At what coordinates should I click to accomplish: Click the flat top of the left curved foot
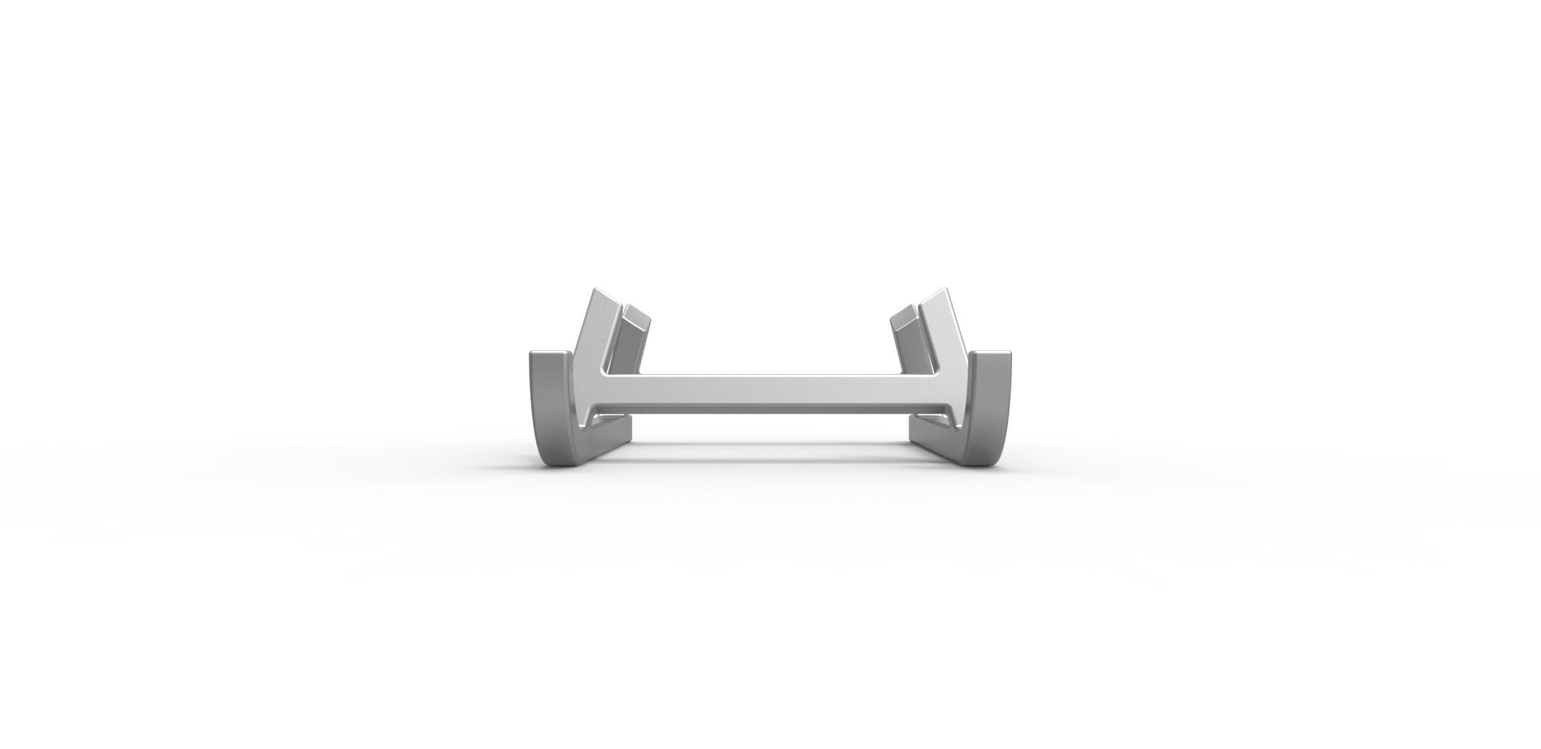547,354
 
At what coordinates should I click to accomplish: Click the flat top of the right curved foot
992,354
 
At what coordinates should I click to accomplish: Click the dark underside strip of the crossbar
770,409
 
